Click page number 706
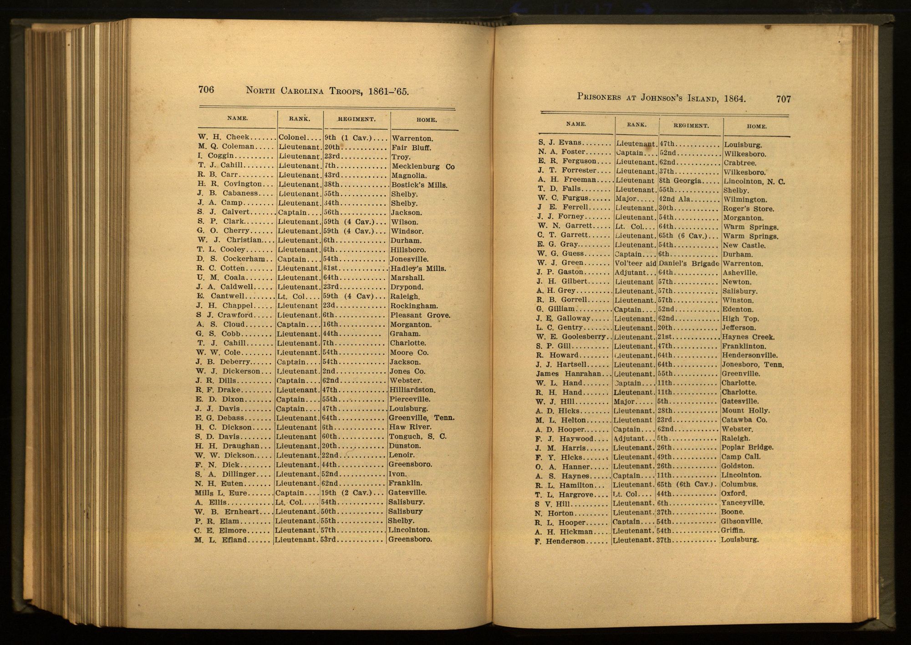pyautogui.click(x=206, y=89)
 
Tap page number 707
pyautogui.click(x=784, y=99)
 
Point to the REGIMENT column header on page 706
pyautogui.click(x=356, y=119)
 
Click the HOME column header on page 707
pyautogui.click(x=757, y=127)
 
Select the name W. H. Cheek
pyautogui.click(x=224, y=137)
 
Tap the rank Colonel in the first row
pyautogui.click(x=292, y=137)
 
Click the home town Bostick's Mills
pyautogui.click(x=419, y=185)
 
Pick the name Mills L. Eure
pyautogui.click(x=221, y=493)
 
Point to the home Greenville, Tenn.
pyautogui.click(x=421, y=418)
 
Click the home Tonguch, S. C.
pyautogui.click(x=417, y=437)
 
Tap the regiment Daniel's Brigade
pyautogui.click(x=689, y=263)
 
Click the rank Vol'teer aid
pyautogui.click(x=635, y=263)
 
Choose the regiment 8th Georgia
pyautogui.click(x=680, y=181)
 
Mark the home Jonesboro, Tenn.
pyautogui.click(x=753, y=365)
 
